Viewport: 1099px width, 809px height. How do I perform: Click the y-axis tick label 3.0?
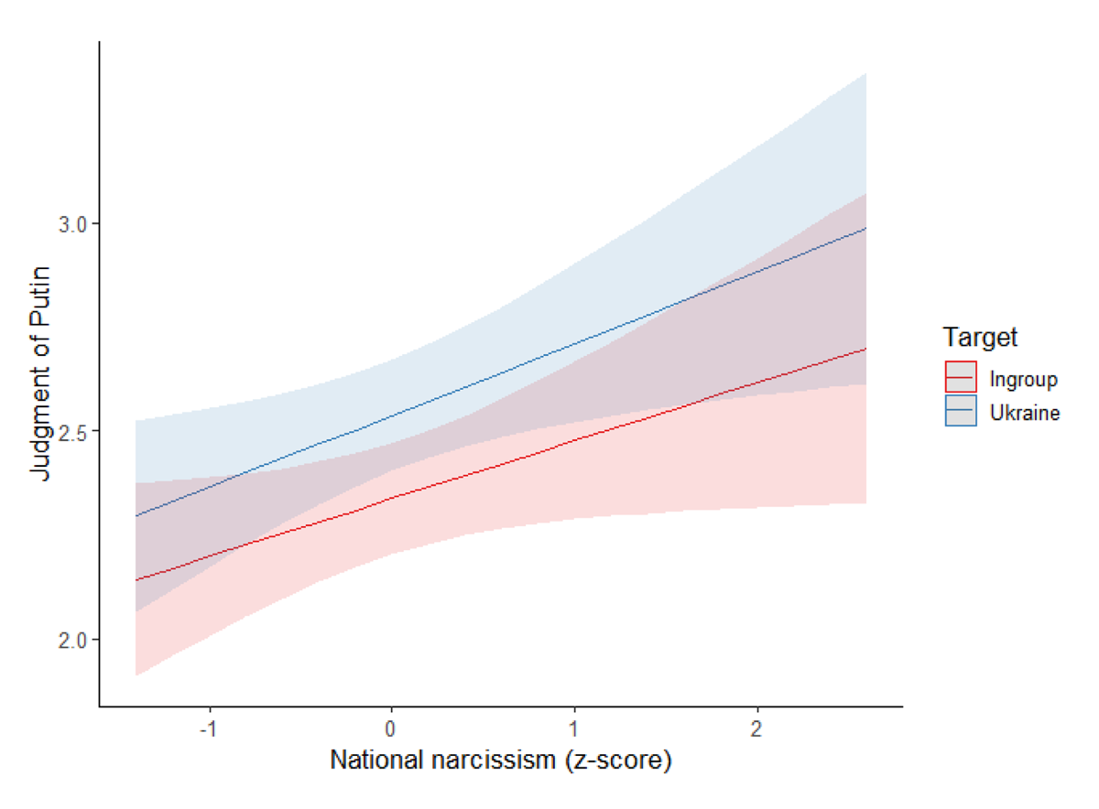coord(72,224)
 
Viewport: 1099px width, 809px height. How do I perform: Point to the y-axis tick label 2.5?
coord(72,431)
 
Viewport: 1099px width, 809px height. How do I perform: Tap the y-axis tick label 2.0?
coord(72,639)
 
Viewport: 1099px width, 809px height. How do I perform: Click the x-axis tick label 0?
coord(392,729)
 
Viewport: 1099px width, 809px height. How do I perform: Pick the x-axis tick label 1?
coord(574,729)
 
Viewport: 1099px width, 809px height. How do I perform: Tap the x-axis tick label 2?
coord(756,729)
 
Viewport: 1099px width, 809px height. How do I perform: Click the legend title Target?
coord(981,338)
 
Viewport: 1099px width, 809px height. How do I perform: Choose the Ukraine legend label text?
coord(1024,413)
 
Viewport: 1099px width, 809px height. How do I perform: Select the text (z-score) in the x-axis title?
coord(628,761)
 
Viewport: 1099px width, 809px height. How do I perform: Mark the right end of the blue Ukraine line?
coord(866,228)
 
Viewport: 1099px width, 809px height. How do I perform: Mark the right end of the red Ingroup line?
coord(866,349)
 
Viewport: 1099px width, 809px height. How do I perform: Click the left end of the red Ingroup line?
coord(136,580)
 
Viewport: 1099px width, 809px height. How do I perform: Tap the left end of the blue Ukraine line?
coord(136,516)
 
